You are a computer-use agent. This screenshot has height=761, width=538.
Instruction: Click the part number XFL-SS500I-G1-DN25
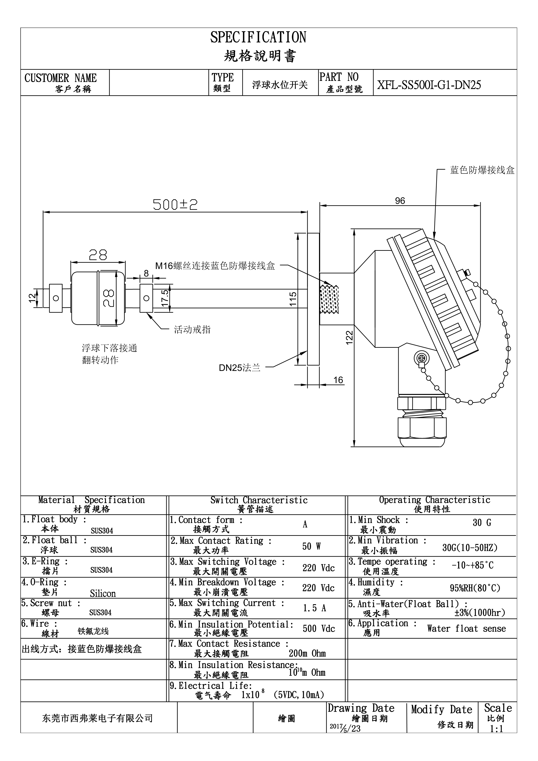429,85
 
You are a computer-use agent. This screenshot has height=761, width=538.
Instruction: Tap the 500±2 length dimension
175,205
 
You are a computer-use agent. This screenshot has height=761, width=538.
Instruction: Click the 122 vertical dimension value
350,338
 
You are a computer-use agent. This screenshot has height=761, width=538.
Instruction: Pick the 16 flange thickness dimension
338,380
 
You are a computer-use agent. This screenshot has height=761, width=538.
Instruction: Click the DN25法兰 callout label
240,367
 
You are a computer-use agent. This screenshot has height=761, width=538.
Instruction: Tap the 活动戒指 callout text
192,330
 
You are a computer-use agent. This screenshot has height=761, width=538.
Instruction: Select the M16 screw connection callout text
215,266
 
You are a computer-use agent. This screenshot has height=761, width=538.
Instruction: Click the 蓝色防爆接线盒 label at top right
482,170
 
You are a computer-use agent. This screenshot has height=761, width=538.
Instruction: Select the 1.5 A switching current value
314,608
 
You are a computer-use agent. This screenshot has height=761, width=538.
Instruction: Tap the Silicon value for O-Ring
103,593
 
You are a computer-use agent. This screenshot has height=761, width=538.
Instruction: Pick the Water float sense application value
466,628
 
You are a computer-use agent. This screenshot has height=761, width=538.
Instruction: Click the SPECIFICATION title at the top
258,37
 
